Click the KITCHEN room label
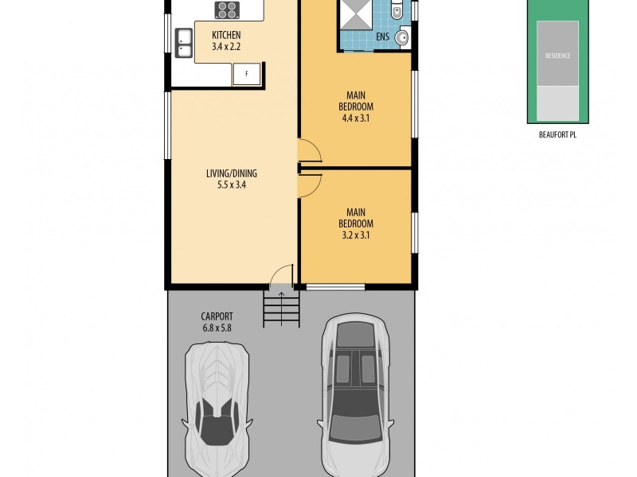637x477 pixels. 226,36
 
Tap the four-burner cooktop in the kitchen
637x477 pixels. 227,10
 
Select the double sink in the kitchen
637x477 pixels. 184,44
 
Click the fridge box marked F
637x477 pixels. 246,74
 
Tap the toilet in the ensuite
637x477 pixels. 397,11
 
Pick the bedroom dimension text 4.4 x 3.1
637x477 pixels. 354,118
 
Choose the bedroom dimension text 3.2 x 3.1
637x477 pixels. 354,235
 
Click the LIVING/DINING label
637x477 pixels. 231,174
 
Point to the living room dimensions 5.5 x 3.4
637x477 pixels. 231,186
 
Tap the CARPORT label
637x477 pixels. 217,315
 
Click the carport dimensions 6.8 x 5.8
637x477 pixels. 217,326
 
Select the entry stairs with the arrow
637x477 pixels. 281,306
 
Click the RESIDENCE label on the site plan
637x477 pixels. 557,56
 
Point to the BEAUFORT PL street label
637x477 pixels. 557,135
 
